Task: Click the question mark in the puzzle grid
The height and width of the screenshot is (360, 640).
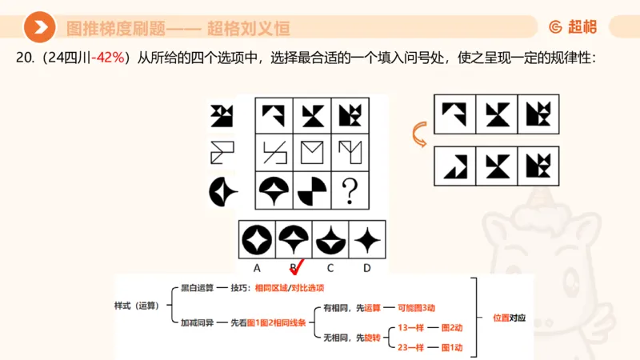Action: point(349,191)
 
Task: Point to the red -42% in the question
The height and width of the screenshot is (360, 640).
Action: point(110,58)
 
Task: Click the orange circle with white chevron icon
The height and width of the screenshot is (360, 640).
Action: point(39,27)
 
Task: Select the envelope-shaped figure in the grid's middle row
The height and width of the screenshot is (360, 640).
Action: point(312,151)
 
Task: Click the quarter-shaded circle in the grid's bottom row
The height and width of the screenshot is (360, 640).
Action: point(312,191)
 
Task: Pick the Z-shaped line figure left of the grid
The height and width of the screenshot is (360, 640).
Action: point(221,151)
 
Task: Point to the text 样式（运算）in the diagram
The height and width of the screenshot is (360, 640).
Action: point(138,305)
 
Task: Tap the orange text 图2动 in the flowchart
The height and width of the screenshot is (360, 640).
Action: point(451,328)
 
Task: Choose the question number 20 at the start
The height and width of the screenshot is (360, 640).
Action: point(25,58)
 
